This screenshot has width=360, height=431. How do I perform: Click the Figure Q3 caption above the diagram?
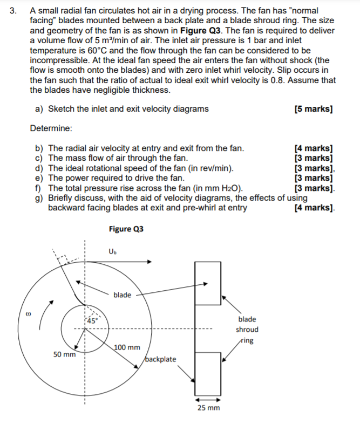click(126, 229)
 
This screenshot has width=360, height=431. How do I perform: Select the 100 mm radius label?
click(127, 348)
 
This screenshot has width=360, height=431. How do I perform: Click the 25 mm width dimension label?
click(208, 408)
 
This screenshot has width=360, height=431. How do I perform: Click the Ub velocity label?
click(112, 251)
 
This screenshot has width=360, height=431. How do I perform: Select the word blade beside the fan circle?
click(122, 295)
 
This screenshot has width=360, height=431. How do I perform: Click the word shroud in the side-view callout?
click(247, 330)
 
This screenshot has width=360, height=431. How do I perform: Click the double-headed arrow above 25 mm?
click(208, 400)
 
